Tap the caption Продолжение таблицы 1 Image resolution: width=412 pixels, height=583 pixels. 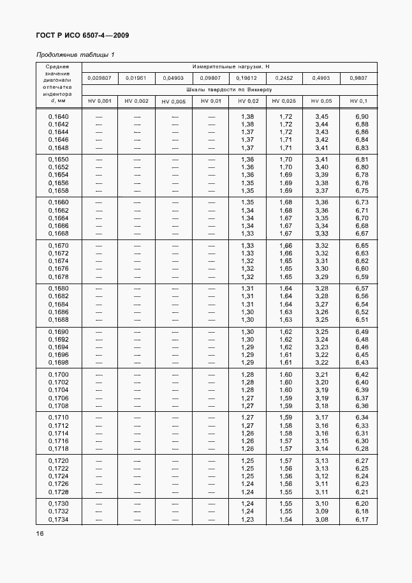pyautogui.click(x=75, y=54)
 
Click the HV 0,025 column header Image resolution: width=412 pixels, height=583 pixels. pyautogui.click(x=284, y=101)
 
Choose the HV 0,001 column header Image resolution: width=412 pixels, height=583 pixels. pyautogui.click(x=99, y=101)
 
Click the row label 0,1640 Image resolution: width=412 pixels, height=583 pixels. pyautogui.click(x=59, y=116)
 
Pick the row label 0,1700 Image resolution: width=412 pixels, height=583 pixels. pyautogui.click(x=59, y=374)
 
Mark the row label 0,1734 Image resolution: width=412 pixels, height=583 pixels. pyautogui.click(x=59, y=519)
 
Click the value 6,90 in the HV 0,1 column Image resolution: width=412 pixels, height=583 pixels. pyautogui.click(x=362, y=116)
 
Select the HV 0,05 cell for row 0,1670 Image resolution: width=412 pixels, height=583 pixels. pyautogui.click(x=321, y=245)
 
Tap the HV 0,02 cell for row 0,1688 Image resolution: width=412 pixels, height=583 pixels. pyautogui.click(x=247, y=319)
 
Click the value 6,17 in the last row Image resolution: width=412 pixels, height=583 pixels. pyautogui.click(x=362, y=519)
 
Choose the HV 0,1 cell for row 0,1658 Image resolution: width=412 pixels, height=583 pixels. pyautogui.click(x=362, y=190)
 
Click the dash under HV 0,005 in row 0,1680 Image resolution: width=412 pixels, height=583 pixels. pyautogui.click(x=174, y=288)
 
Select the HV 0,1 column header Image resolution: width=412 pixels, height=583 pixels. pyautogui.click(x=360, y=101)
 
